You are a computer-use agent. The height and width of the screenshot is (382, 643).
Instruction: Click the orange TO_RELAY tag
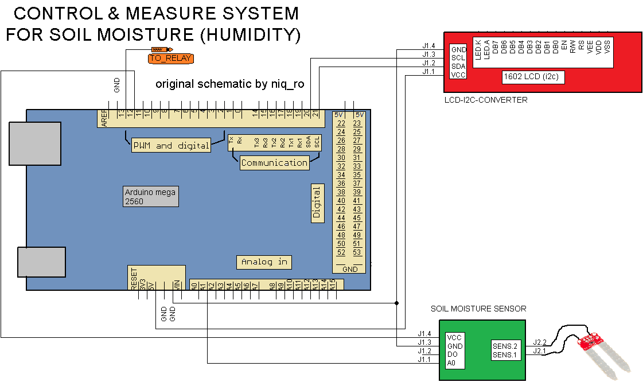coord(170,58)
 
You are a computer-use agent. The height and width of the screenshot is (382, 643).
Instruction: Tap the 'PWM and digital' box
coord(171,146)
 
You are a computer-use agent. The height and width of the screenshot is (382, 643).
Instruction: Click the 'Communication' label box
coord(274,163)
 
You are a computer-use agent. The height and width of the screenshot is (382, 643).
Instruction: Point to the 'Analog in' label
coord(264,262)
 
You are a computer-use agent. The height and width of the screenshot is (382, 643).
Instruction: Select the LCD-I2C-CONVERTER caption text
coord(485,100)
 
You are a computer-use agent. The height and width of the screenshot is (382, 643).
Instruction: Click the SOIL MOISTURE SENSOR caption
coord(478,309)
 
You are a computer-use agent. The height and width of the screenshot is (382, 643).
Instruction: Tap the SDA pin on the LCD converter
coord(458,67)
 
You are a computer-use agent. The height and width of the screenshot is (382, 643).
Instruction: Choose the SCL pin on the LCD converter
coord(458,58)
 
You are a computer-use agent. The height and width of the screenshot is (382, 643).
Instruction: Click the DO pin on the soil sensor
coord(453,354)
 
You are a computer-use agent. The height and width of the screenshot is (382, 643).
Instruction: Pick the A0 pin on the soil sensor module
coord(453,363)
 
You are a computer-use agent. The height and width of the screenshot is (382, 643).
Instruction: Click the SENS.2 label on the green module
coord(505,346)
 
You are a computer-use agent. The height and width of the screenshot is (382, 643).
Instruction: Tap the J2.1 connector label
coord(540,350)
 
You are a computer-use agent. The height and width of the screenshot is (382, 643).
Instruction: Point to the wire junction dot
coord(396,302)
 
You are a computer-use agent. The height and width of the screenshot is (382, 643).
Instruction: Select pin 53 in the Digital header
coord(357,252)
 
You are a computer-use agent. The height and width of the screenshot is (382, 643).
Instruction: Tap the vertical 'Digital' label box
coord(317,204)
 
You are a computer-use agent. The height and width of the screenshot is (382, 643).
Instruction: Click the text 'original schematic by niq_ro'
coord(229,84)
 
